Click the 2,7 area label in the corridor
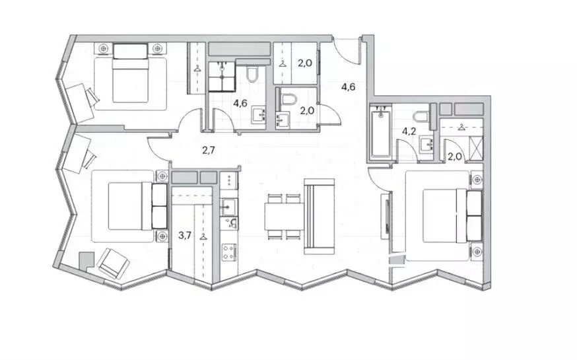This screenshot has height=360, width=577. pos(208,150)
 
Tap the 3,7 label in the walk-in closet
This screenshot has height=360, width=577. pos(185,235)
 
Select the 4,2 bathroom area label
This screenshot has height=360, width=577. pos(409,131)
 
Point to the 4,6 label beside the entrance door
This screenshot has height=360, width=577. pos(348,87)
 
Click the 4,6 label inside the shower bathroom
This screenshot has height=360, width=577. pos(240,103)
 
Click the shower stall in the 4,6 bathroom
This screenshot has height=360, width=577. pos(222,76)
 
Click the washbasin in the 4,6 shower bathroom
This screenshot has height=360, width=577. pos(259,116)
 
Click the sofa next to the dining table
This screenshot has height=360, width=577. pos(319,217)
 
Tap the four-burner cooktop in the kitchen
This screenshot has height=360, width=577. pos(229,252)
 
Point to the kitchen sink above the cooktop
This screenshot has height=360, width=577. pos(229,206)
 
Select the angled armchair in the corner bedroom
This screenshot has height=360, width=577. pos(113,263)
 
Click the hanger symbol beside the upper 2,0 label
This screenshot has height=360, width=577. pos(283,64)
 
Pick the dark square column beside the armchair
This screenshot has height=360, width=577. pos(86,259)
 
